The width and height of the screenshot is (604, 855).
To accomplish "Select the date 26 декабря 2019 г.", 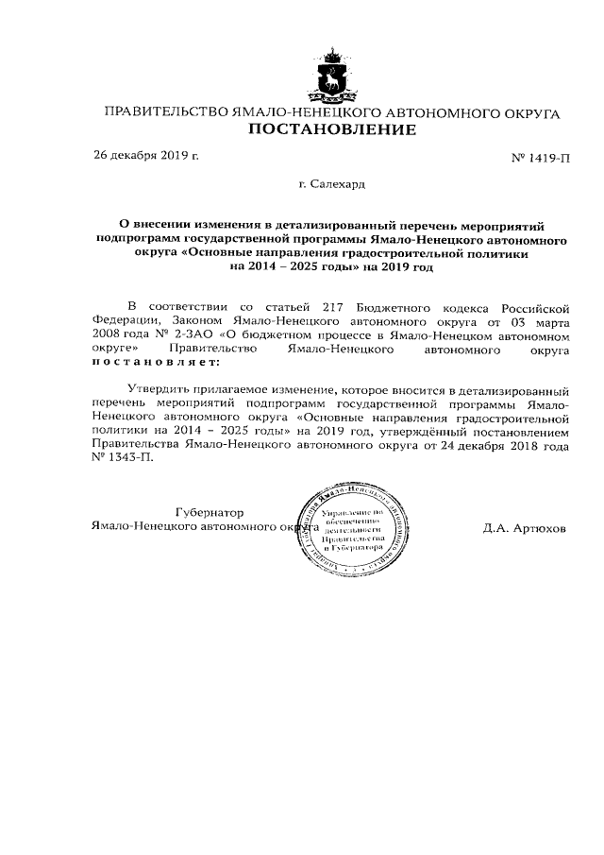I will click(x=145, y=155).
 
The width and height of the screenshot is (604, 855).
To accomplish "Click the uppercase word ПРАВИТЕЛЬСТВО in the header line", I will click(x=166, y=113).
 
